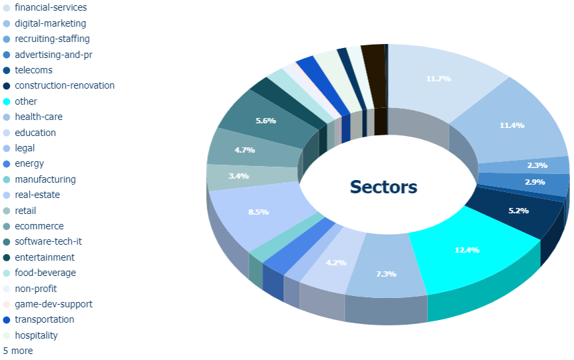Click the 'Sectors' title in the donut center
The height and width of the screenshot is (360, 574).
click(x=383, y=187)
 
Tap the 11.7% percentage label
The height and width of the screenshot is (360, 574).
click(x=439, y=79)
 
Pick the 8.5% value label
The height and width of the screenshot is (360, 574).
click(x=259, y=212)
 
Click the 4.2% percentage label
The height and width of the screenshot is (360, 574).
click(x=336, y=263)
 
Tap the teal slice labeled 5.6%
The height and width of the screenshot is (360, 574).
click(x=263, y=119)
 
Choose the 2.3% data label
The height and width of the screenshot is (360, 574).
click(x=537, y=165)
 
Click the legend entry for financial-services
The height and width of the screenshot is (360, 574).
click(x=45, y=7)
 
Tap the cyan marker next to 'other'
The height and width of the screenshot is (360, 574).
click(x=7, y=101)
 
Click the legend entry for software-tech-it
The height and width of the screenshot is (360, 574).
click(x=43, y=242)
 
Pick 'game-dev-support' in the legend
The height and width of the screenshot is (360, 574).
click(x=47, y=305)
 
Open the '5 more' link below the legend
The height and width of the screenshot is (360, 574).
click(x=18, y=351)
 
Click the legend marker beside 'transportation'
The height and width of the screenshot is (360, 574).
click(x=7, y=320)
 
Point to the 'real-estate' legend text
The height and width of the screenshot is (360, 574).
click(x=37, y=195)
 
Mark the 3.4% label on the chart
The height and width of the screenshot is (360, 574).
click(x=239, y=176)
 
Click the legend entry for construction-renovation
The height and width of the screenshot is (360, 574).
click(x=59, y=86)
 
